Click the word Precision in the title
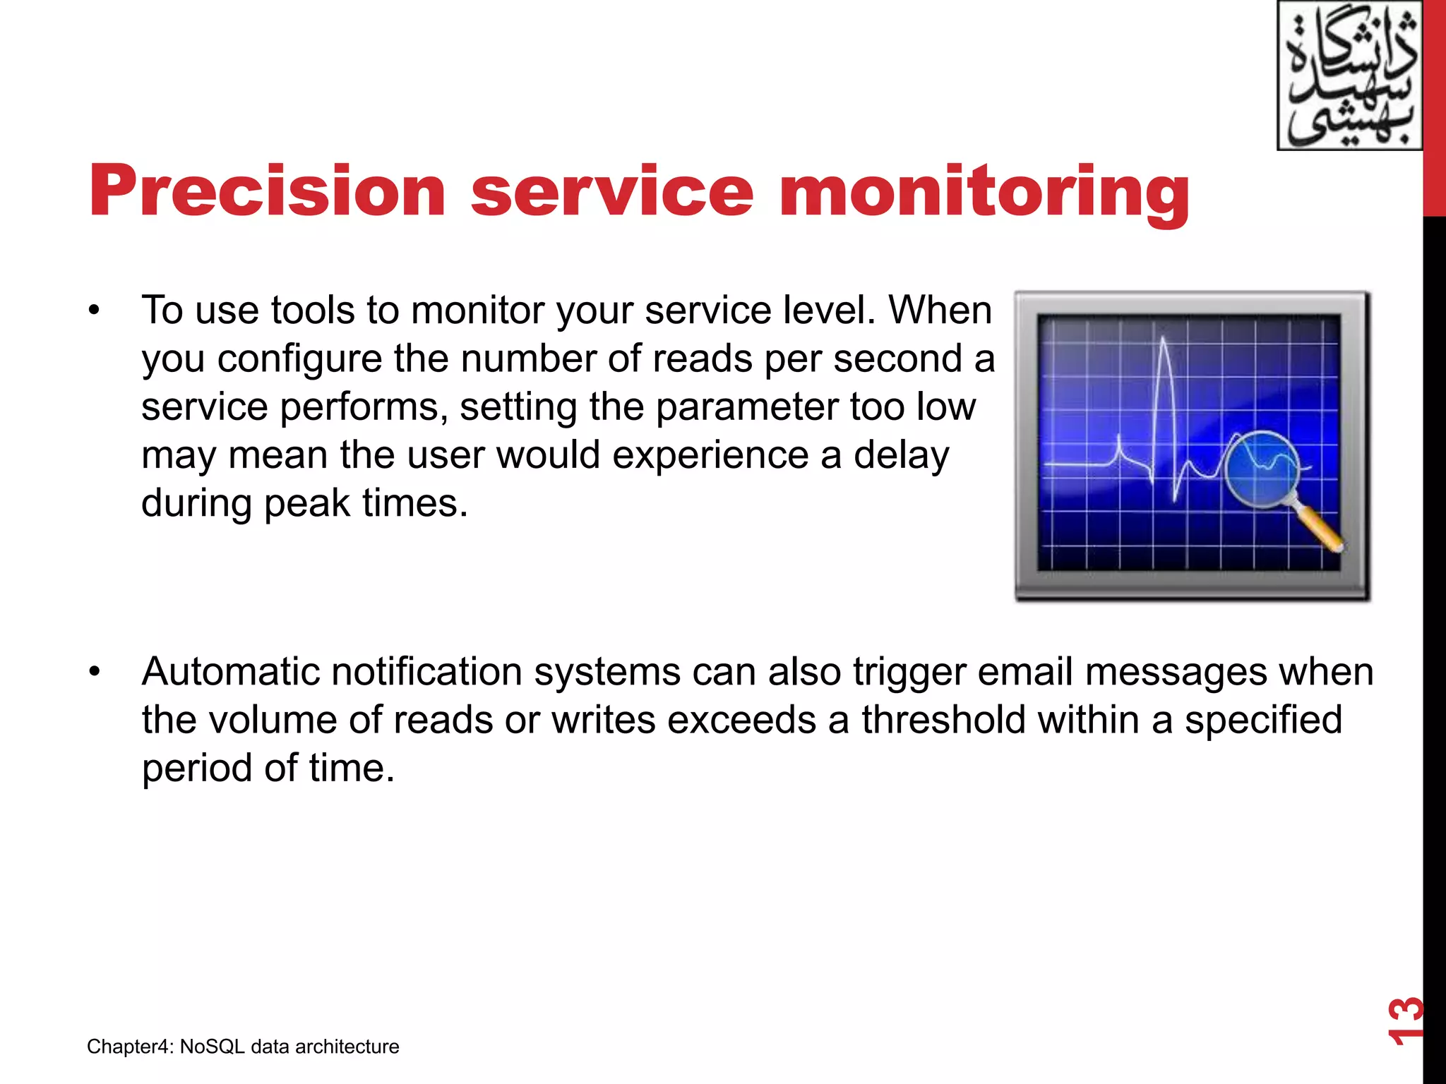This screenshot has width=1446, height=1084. click(267, 192)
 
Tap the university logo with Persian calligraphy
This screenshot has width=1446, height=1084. click(1349, 76)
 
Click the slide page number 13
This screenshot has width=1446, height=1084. click(1405, 1020)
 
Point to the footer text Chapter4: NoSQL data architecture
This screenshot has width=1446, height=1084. click(243, 1047)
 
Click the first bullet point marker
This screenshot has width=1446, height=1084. click(95, 311)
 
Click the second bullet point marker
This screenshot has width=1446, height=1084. click(95, 672)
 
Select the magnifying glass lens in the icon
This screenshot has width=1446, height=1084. click(1262, 469)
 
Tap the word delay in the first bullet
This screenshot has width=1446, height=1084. click(901, 456)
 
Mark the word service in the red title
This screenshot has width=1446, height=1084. click(612, 192)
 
